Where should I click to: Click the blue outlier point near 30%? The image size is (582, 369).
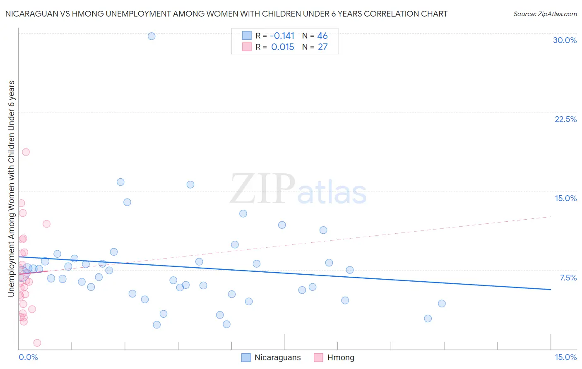(152, 36)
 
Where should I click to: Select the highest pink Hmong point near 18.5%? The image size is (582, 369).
(26, 152)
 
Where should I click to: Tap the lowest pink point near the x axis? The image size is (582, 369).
(37, 343)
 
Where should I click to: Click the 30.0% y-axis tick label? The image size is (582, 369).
(565, 40)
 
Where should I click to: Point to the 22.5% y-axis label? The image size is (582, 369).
(565, 119)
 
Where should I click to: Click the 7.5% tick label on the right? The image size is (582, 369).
(568, 278)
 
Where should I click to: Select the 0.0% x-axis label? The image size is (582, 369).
(28, 357)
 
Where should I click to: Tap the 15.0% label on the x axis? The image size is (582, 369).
(565, 357)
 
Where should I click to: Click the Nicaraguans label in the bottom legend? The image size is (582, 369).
(277, 357)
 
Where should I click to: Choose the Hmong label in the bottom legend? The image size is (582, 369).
(341, 357)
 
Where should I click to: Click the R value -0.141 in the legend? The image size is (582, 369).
(282, 36)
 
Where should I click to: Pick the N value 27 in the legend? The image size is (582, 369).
(322, 47)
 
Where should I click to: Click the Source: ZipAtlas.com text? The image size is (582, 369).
(545, 14)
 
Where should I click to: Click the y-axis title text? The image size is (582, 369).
(12, 188)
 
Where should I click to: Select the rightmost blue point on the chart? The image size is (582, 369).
(442, 304)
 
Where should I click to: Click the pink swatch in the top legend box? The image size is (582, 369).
(247, 47)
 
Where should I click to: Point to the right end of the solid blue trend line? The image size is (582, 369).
(551, 289)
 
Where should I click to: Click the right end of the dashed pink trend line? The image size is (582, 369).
(551, 216)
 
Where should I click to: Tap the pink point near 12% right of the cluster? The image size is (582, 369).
(46, 224)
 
